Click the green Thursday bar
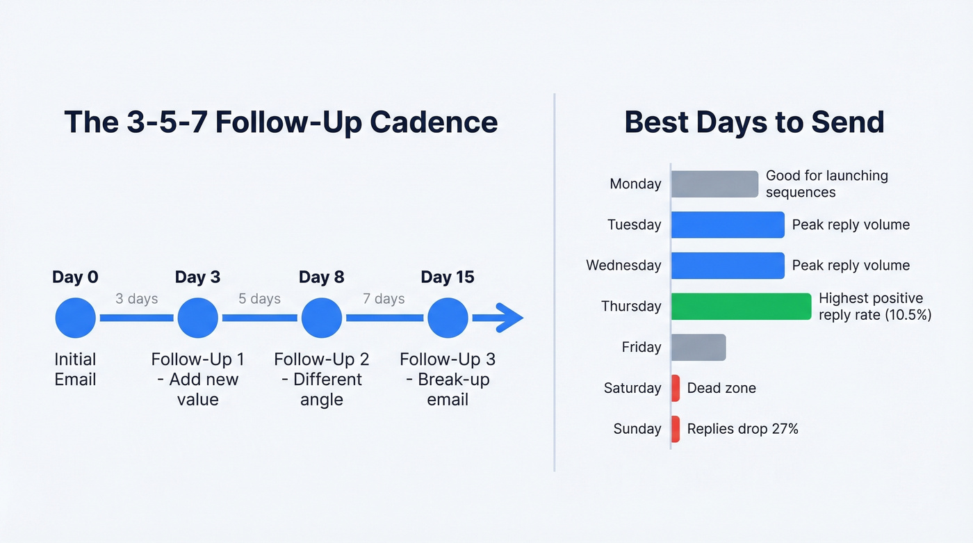click(741, 307)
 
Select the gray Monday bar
click(714, 184)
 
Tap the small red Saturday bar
click(676, 388)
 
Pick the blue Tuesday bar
click(728, 225)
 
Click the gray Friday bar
click(698, 348)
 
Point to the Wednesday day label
click(623, 266)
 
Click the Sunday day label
click(637, 429)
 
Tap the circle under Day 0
click(75, 318)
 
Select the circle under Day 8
click(321, 318)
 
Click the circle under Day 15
click(448, 318)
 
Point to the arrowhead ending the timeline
click(512, 318)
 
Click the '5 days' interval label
click(259, 299)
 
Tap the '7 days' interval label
click(384, 299)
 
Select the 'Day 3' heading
click(197, 277)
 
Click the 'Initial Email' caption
click(75, 369)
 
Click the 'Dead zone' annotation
click(721, 388)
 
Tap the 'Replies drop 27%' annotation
click(742, 429)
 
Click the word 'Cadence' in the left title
click(434, 122)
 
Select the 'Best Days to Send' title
click(754, 122)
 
